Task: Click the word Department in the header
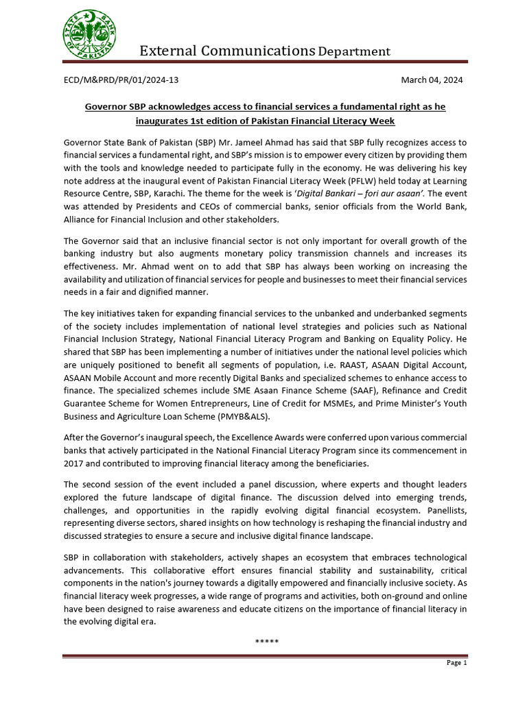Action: pyautogui.click(x=354, y=51)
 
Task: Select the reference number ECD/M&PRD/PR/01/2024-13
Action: pyautogui.click(x=121, y=80)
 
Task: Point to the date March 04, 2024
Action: pyautogui.click(x=432, y=80)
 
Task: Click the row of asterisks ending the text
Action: pyautogui.click(x=266, y=641)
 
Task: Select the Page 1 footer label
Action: pyautogui.click(x=456, y=663)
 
